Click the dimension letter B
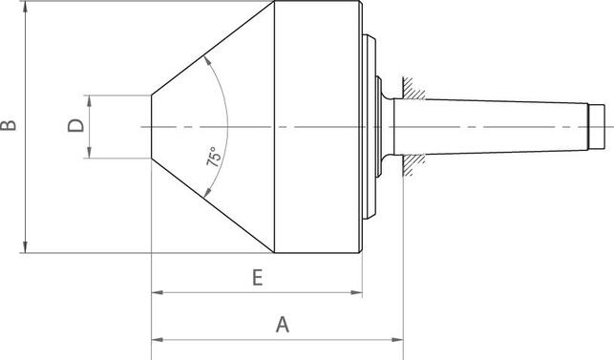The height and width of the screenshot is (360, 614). pyautogui.click(x=9, y=126)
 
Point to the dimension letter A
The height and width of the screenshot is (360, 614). pyautogui.click(x=282, y=325)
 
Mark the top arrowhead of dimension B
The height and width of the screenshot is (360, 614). pyautogui.click(x=24, y=8)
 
